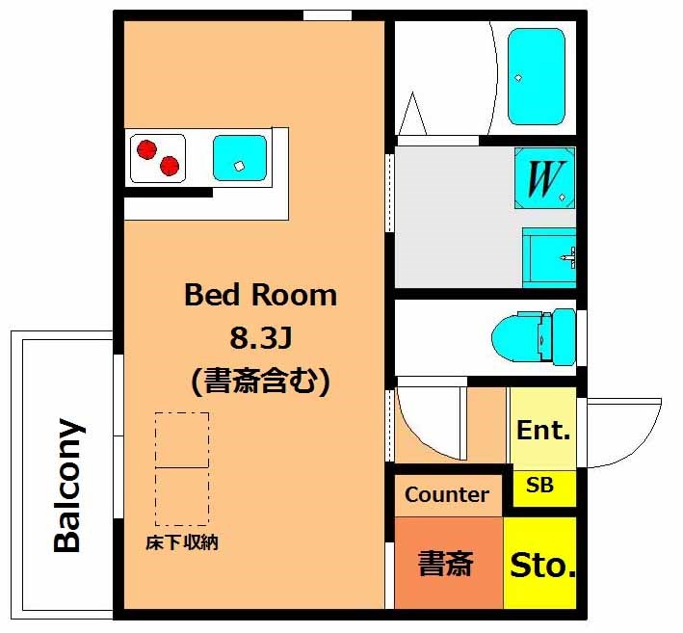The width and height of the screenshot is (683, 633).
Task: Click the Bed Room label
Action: pos(260,296)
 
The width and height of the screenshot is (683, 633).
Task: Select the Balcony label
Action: pos(67,486)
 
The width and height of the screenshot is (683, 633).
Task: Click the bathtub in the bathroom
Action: pos(537,77)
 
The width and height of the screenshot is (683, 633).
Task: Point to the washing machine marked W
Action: pos(545,178)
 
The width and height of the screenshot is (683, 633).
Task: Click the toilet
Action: pos(534,337)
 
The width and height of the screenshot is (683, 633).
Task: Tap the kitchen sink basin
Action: pos(240,158)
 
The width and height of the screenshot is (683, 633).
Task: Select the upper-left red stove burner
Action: pos(146,149)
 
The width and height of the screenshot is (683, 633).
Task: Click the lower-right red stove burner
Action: pos(170,166)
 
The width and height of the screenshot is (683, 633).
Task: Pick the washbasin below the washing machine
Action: pos(549,257)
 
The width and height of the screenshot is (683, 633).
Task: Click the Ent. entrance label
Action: pos(543,431)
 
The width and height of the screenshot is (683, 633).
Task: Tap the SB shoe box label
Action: pos(539,485)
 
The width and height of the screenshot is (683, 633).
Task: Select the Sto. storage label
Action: pos(542,565)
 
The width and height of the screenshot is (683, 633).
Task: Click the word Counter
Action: pos(446,495)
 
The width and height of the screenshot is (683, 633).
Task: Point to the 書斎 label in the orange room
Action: pos(445,564)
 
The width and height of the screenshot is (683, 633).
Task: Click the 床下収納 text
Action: pos(182,542)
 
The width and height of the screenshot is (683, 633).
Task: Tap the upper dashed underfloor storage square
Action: pos(182,440)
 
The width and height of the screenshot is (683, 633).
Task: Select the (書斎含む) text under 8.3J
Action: pos(260,382)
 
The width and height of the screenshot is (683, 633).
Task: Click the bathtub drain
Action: pos(518,78)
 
